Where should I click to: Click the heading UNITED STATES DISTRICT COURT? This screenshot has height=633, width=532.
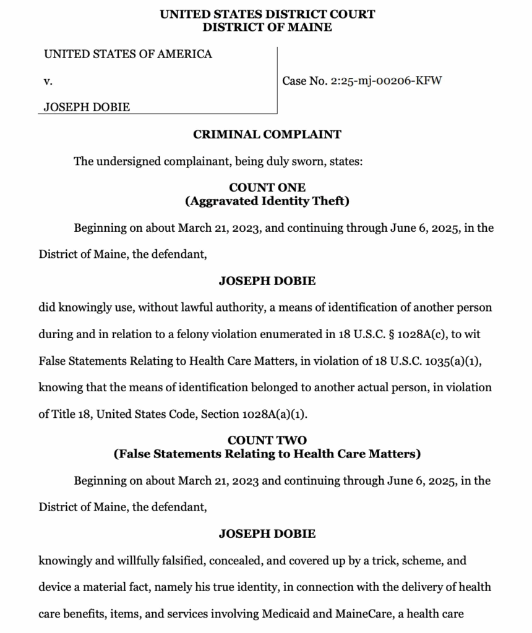tap(267, 14)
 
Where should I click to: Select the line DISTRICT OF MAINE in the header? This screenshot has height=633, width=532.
tap(267, 27)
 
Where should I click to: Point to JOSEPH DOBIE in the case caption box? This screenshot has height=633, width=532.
tap(87, 107)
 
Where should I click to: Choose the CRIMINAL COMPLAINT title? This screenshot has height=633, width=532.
tap(267, 134)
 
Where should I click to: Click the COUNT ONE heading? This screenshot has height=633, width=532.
tap(267, 187)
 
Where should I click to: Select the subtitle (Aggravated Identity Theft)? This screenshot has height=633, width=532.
tap(267, 201)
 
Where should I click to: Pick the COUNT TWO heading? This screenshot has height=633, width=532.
tap(267, 441)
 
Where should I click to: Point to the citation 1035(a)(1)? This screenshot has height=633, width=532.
tap(454, 361)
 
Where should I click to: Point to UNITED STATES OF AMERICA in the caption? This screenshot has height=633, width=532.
tap(127, 54)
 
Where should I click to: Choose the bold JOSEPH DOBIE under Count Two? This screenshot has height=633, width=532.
tap(267, 533)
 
